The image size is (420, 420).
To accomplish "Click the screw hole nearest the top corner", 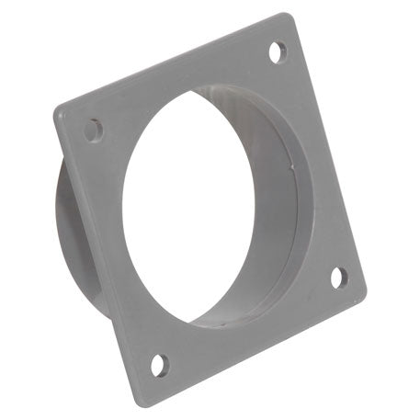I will click(277, 51).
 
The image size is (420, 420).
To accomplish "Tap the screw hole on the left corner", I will click(94, 131).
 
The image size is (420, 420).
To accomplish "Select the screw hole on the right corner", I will click(338, 277).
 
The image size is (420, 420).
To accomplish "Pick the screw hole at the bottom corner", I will click(159, 365).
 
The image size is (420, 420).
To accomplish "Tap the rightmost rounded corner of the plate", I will click(359, 292).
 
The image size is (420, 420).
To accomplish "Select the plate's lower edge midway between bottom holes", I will click(253, 347).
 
